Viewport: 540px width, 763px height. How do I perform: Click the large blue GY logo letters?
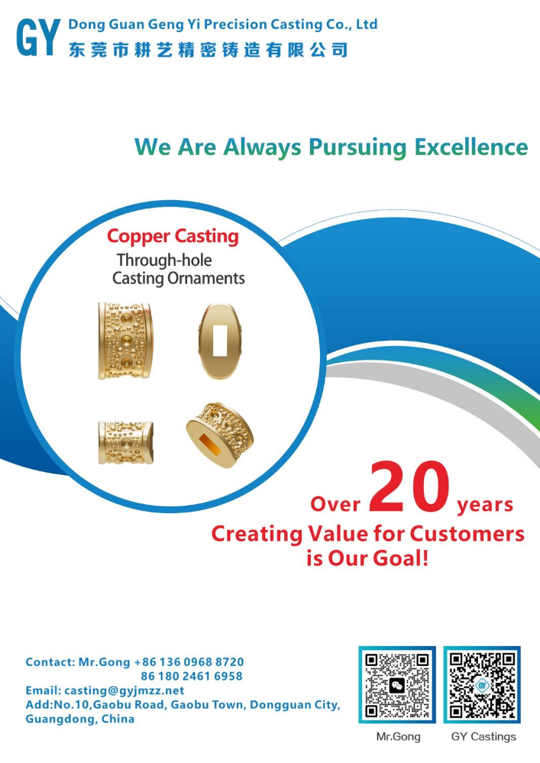pos(38,37)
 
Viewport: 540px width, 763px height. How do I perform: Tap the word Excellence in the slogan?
pos(471,147)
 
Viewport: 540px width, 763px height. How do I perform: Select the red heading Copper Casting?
pos(173,237)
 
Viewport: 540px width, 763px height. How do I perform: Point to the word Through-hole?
pos(164,260)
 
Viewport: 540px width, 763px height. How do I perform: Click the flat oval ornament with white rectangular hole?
pos(220,341)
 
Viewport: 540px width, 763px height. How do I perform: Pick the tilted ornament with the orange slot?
pos(220,435)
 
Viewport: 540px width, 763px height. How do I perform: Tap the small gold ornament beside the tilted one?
pos(126,442)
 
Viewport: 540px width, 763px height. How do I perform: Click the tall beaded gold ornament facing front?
pos(125,341)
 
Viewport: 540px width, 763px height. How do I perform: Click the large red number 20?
pos(409,487)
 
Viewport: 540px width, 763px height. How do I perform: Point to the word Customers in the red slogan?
pos(467,534)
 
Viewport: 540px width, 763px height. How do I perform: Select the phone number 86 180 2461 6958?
pos(192,677)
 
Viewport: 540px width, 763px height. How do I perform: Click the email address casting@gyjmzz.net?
pos(124,690)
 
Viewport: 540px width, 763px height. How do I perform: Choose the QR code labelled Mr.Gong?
pos(397,684)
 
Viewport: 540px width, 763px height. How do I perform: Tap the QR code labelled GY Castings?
pos(482,684)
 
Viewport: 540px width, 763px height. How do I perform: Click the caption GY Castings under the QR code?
pos(483,737)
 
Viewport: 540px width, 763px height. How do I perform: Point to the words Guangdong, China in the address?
pos(79,719)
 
